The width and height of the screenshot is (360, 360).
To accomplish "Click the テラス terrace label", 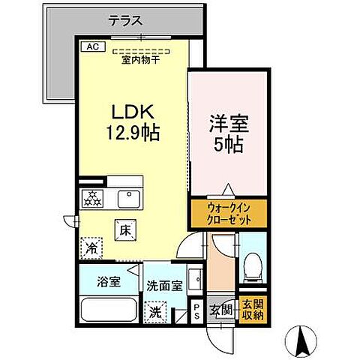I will tap(124, 20).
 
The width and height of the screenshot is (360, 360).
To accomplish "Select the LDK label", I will tap(133, 112).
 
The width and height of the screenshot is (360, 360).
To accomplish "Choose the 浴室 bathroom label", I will tap(107, 284).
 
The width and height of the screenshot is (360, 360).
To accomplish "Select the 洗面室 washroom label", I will tap(163, 285).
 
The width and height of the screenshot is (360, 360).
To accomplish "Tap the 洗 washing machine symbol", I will tap(154, 310).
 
